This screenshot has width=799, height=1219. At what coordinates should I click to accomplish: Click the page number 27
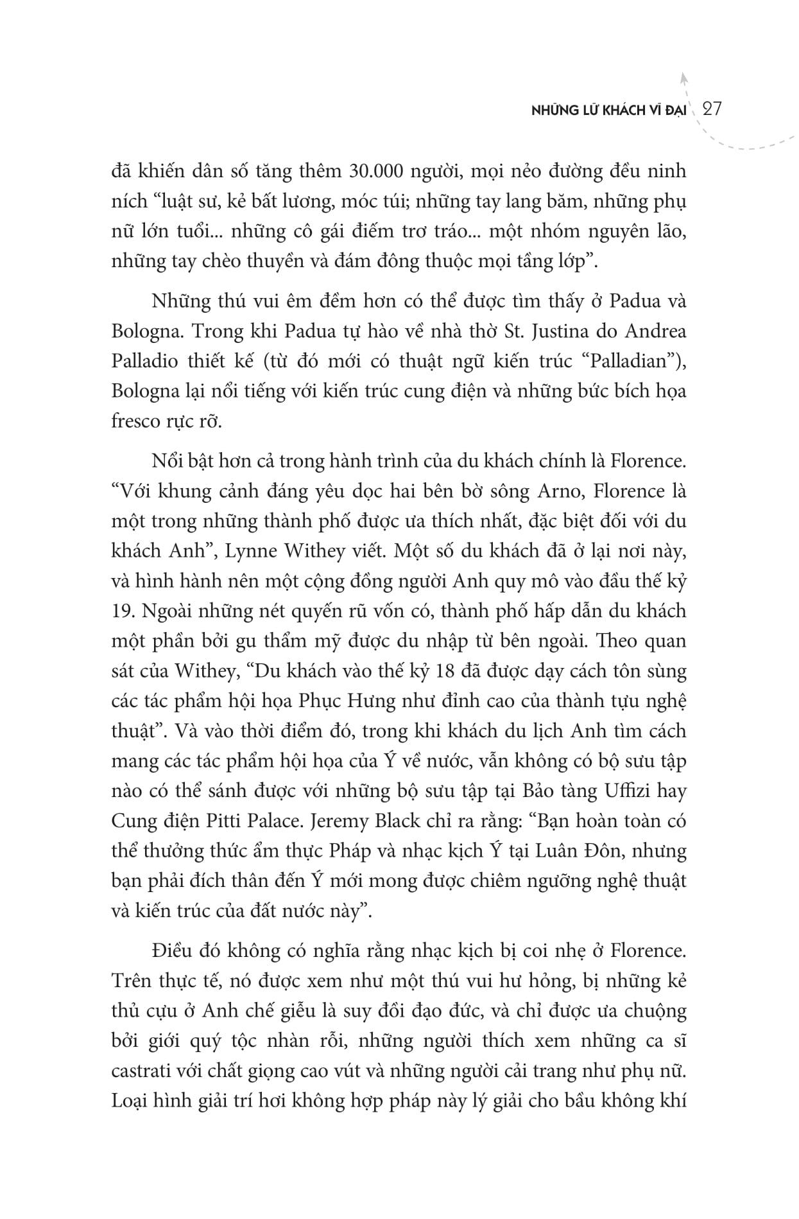(x=712, y=109)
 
